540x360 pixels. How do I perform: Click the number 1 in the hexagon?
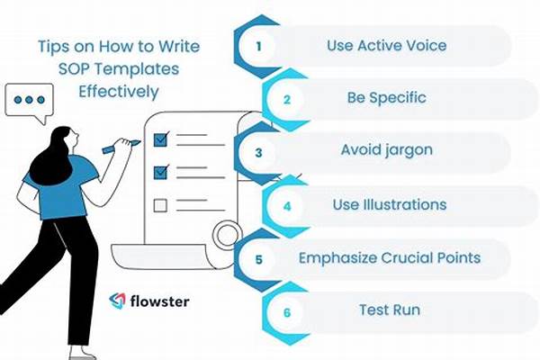click(x=259, y=46)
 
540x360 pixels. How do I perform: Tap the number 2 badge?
click(x=287, y=100)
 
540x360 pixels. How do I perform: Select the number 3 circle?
click(x=259, y=153)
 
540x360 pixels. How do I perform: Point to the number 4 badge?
click(x=287, y=206)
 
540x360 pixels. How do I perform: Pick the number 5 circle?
click(x=259, y=259)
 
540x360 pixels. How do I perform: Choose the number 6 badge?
click(x=287, y=312)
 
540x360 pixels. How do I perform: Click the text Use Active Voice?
click(x=386, y=46)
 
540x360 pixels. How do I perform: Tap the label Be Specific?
click(x=386, y=98)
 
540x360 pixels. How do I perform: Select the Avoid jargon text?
click(x=386, y=150)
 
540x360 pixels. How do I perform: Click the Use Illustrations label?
click(x=390, y=204)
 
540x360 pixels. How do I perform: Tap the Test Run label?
click(x=390, y=310)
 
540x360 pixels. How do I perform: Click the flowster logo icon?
click(x=117, y=301)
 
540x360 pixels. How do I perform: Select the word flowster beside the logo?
click(x=160, y=301)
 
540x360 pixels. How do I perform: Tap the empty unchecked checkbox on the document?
click(x=160, y=205)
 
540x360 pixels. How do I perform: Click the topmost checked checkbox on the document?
click(x=161, y=139)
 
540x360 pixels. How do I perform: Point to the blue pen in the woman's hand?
click(x=121, y=146)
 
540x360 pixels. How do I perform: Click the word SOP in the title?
click(x=73, y=68)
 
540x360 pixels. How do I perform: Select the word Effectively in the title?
click(x=119, y=92)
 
